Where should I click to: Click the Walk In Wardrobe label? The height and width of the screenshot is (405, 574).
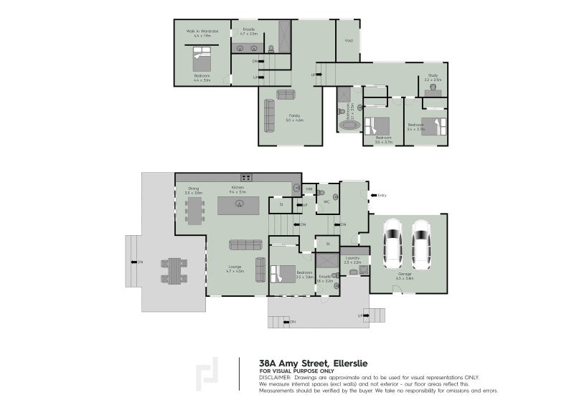click(x=202, y=32)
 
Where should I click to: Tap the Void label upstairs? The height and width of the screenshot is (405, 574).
click(x=349, y=40)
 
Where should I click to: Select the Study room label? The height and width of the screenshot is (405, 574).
click(x=433, y=77)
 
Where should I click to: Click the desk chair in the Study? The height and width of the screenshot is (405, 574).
click(x=433, y=86)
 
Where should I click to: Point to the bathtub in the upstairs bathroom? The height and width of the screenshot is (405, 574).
click(x=350, y=125)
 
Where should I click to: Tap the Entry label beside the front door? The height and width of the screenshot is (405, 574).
click(x=382, y=194)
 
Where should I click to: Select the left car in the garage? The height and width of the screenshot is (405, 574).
click(x=395, y=242)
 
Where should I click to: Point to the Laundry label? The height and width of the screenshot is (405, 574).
click(x=352, y=258)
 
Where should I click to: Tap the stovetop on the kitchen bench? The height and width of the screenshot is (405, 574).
click(x=246, y=177)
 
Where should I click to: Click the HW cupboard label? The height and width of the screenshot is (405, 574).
click(x=309, y=189)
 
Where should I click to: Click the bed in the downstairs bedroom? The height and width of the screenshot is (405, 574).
click(x=278, y=274)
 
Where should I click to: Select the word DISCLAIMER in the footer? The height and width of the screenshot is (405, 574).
click(x=276, y=376)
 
